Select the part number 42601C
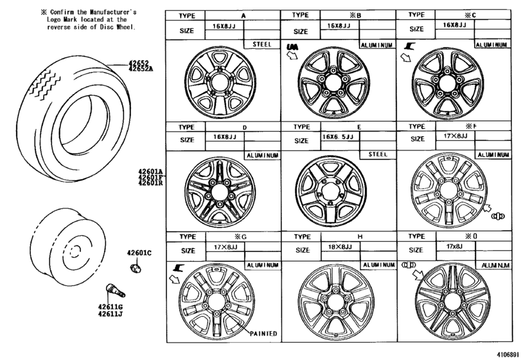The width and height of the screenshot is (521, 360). (139, 253)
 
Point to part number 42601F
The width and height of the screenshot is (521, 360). (150, 177)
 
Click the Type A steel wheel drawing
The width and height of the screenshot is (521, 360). (220, 84)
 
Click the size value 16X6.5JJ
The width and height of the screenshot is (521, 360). (337, 137)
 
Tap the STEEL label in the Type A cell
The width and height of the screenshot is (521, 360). (261, 44)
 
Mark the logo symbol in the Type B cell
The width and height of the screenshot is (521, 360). (292, 46)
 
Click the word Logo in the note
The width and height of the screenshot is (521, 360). (57, 20)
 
